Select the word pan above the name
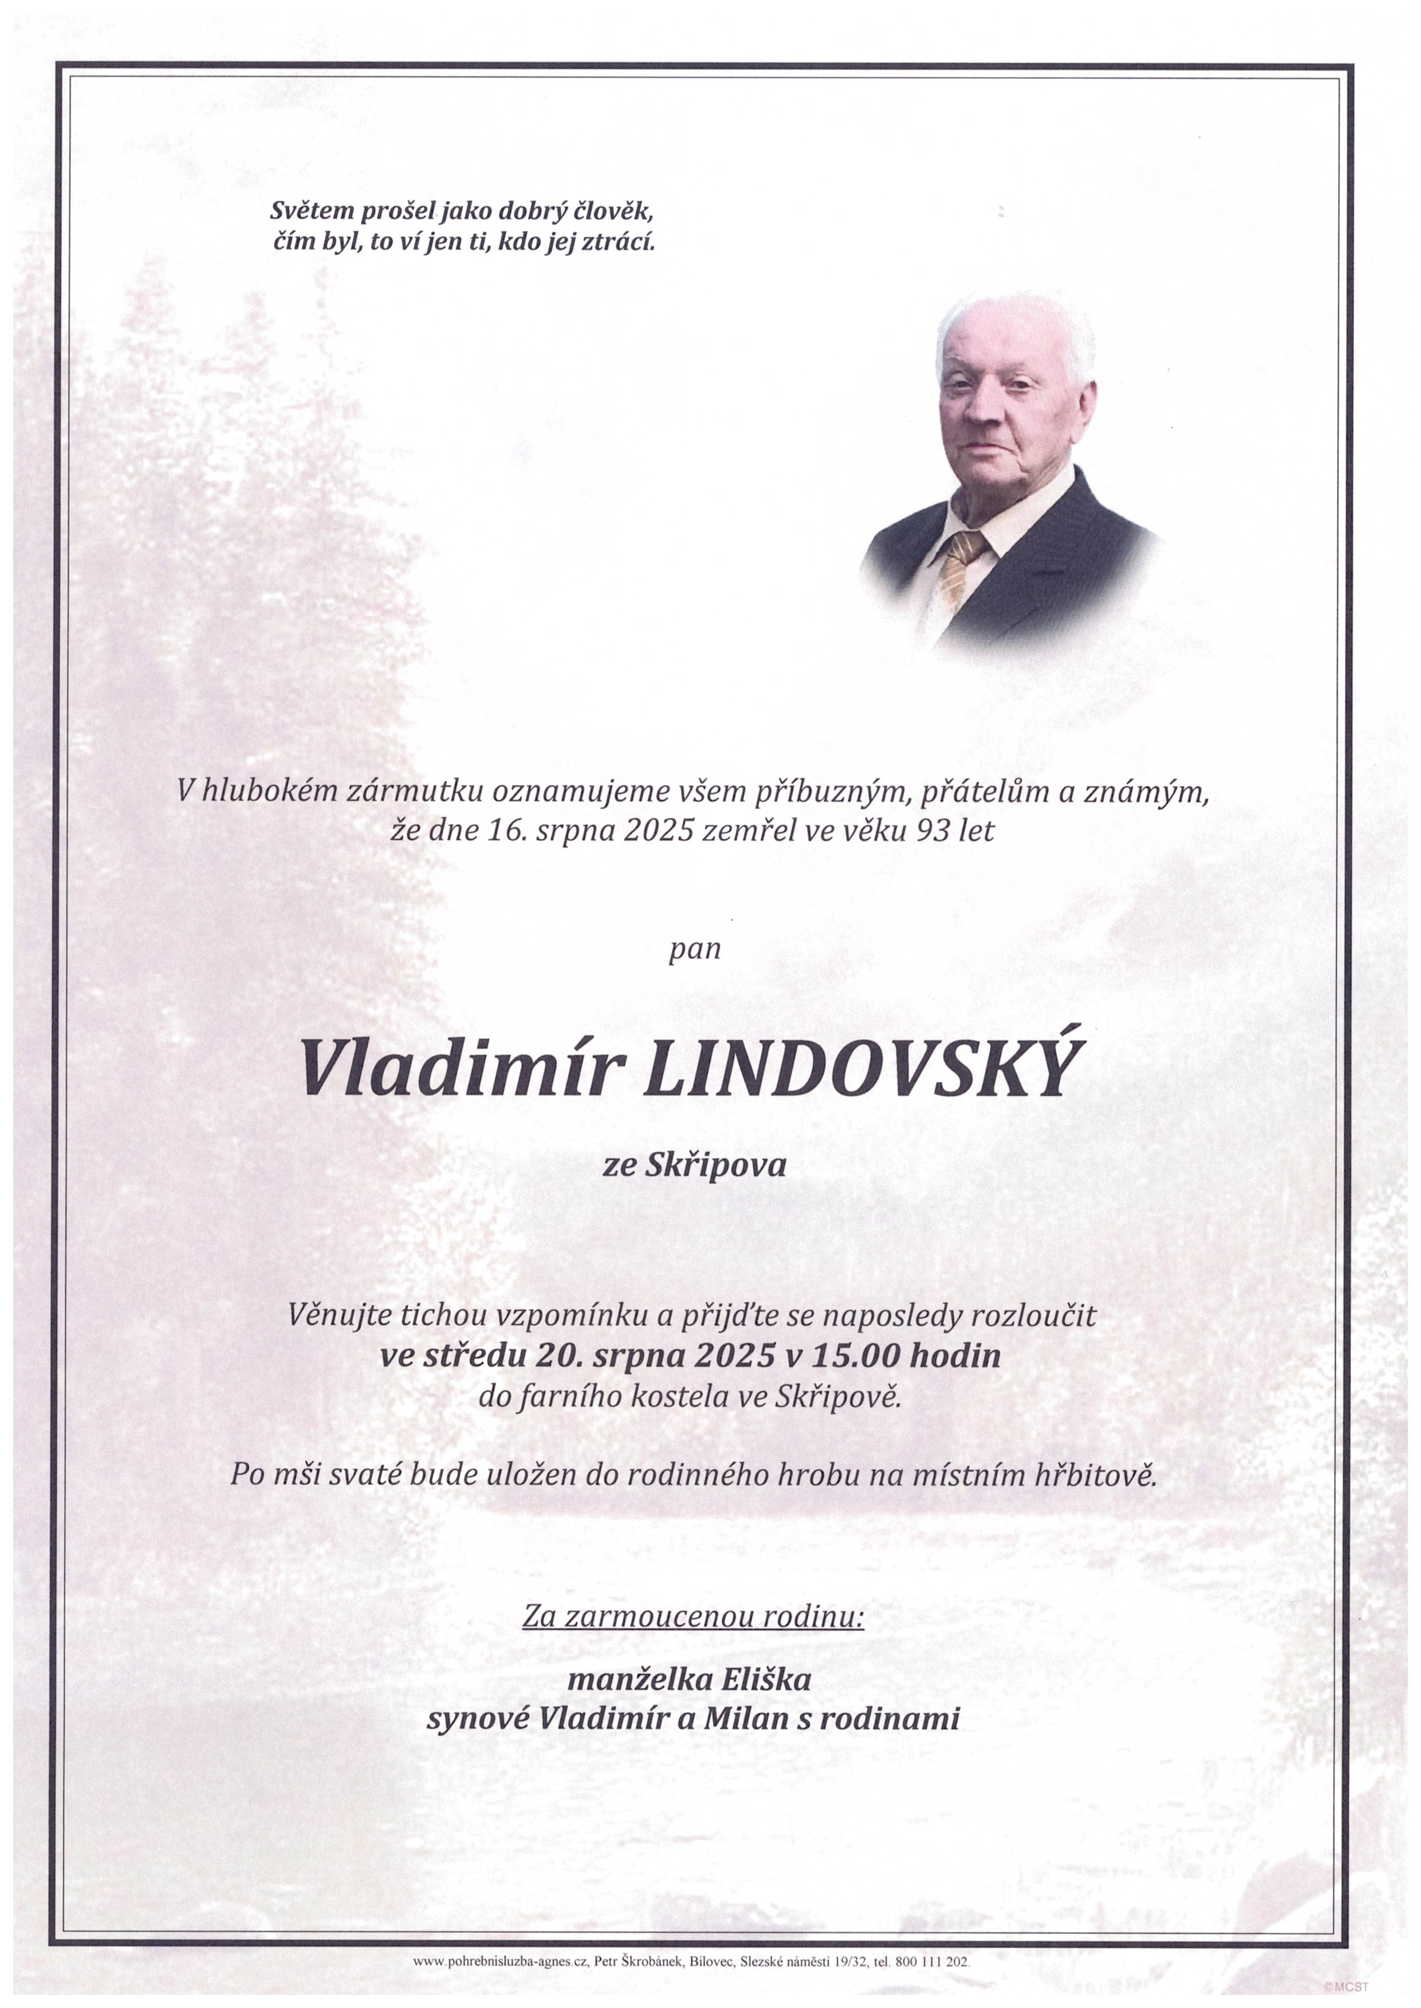pos(695,949)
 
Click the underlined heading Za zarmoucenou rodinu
pos(693,1617)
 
